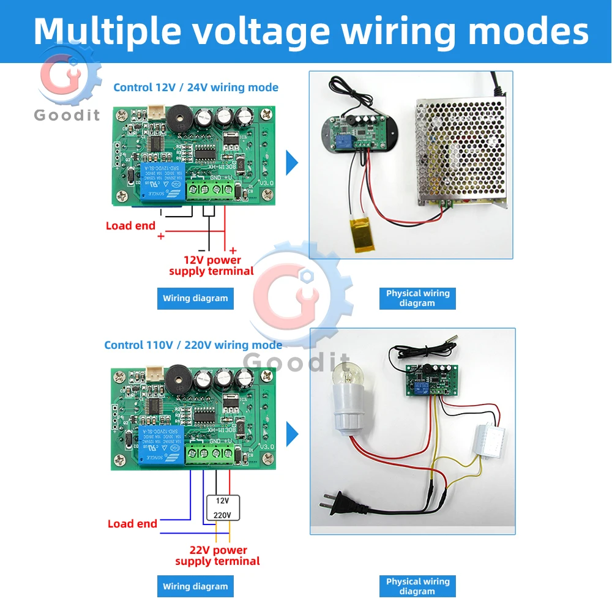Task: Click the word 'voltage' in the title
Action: point(256,31)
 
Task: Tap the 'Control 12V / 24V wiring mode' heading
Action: point(196,88)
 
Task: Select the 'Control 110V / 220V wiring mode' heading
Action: point(193,345)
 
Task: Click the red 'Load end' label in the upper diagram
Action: point(130,226)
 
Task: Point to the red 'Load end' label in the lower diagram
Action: point(132,524)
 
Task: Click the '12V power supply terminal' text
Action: point(211,266)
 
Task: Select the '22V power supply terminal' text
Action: point(217,556)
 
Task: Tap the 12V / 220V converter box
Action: point(223,507)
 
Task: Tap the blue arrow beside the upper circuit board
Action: point(292,163)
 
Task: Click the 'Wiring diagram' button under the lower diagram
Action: point(195,586)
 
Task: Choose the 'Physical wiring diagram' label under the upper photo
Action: point(417,298)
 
